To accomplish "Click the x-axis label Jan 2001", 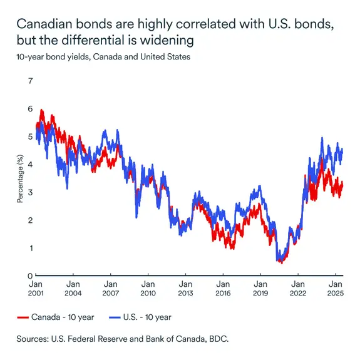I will point(35,287).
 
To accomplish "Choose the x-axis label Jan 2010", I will point(148,287).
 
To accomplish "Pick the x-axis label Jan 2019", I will point(260,287).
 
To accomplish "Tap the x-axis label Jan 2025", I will point(336,287).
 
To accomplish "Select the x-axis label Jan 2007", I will point(110,287).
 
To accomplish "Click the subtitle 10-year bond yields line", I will point(103,56).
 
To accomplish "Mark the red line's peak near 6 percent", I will point(41,111).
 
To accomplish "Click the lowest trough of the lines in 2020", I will point(281,262).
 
